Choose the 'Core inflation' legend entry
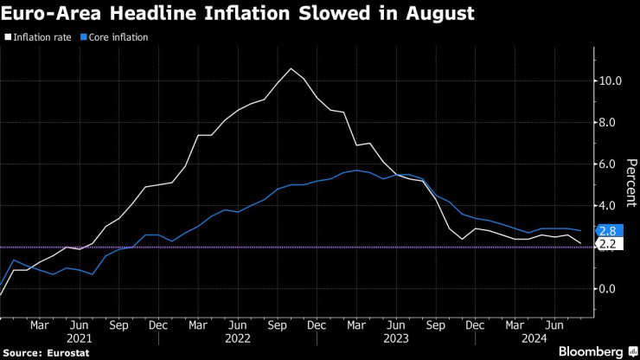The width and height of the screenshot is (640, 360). pos(117,37)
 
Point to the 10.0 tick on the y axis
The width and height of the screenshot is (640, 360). pos(609,81)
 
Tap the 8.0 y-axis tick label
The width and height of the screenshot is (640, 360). pos(609,123)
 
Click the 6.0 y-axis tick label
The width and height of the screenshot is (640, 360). pos(609,164)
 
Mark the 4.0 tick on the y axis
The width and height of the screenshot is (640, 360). pos(609,206)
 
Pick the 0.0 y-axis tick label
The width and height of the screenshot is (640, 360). pos(609,289)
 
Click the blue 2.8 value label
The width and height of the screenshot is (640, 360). pos(607,231)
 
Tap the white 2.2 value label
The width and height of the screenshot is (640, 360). pos(607,245)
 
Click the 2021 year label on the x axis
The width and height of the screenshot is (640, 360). pos(79,339)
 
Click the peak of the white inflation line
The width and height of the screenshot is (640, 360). pos(291,68)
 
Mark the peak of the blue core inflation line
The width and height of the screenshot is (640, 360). pos(356,170)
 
